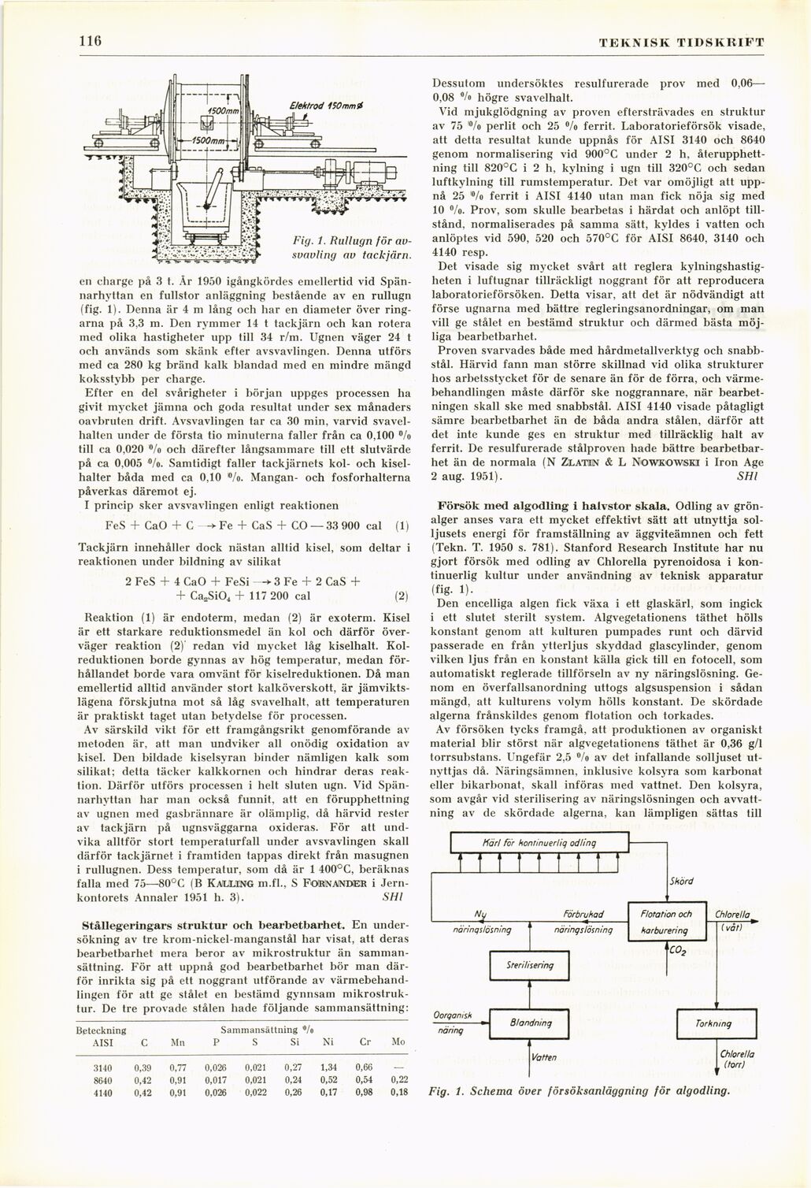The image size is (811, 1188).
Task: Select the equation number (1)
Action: [x=400, y=525]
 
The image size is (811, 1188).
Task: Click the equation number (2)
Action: [x=400, y=596]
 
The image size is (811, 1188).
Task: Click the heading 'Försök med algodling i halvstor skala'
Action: [x=554, y=504]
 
